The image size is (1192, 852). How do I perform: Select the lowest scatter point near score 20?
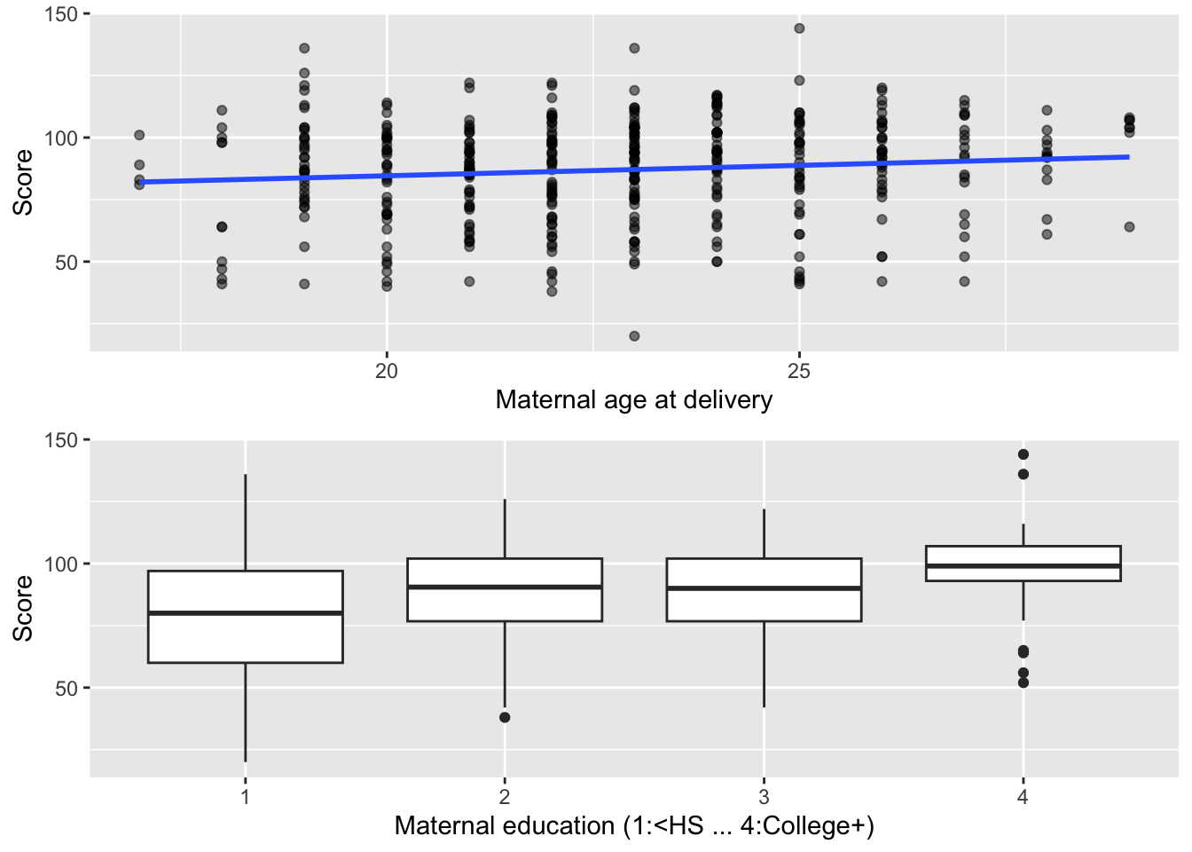634,336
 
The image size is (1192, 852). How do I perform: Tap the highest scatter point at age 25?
799,28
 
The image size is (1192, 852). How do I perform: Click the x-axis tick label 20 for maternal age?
387,371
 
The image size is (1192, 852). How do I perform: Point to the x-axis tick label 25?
799,371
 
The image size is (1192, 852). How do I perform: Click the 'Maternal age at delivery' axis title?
633,400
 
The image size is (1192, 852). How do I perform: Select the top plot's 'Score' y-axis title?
23,182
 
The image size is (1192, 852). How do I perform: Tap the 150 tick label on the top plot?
60,14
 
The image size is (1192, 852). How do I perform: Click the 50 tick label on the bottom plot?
67,689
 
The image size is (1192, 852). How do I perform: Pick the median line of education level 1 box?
246,613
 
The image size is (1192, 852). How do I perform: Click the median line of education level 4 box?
1023,566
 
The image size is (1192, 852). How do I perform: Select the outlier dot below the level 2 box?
505,717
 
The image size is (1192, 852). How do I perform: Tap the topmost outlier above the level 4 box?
1023,454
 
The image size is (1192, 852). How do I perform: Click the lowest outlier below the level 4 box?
1023,682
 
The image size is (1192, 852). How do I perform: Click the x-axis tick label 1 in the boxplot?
246,797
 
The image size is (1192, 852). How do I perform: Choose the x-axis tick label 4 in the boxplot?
1023,797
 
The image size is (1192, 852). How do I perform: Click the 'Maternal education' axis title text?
633,826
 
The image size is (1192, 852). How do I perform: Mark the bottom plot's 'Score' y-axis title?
23,608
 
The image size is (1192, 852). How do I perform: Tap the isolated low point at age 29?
1129,227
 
